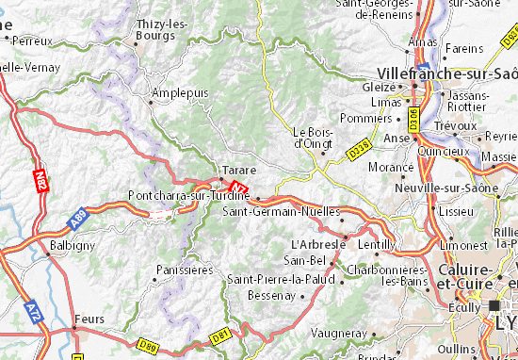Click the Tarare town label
(235, 172)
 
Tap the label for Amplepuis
(177, 93)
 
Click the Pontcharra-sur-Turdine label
(187, 195)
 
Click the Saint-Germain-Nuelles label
(280, 211)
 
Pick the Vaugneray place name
(336, 333)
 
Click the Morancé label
(391, 166)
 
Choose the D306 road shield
(413, 117)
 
